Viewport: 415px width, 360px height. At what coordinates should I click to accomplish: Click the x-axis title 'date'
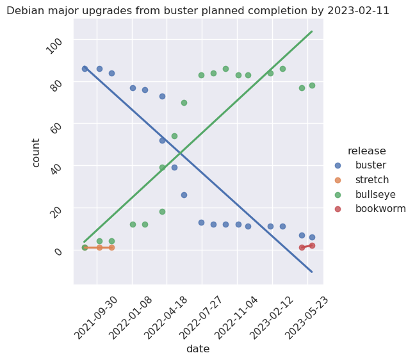[198, 349]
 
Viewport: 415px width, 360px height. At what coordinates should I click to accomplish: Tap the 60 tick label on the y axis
[58, 126]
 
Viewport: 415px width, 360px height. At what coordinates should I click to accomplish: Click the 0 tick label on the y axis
[60, 251]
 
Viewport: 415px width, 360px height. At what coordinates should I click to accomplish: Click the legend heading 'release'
[366, 151]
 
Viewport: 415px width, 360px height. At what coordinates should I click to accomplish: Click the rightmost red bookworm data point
[312, 245]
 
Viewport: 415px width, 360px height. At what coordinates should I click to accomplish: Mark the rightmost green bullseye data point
[312, 85]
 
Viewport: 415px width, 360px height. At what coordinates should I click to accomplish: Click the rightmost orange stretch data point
[111, 247]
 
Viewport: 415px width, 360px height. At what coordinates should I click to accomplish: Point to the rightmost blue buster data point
[312, 237]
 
